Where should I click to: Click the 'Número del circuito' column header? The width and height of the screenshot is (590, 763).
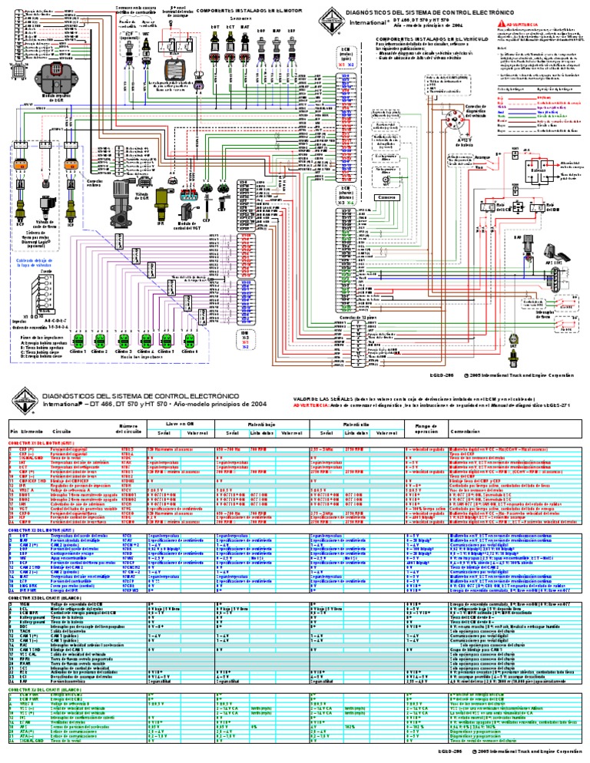tap(128, 429)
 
